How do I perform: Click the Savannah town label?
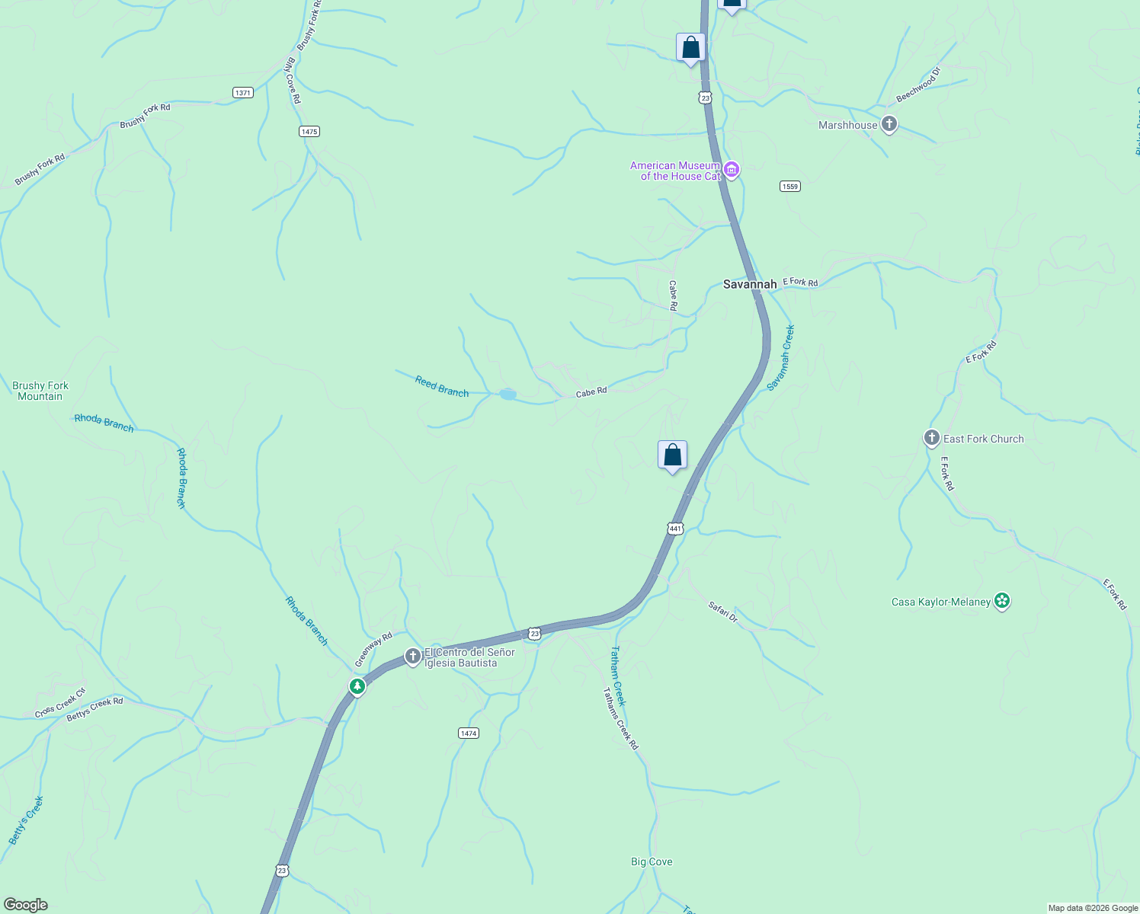[750, 284]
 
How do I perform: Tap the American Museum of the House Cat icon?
[732, 170]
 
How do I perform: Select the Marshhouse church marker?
[889, 124]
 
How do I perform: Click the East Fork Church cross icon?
[931, 438]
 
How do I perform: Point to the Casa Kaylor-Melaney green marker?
[1002, 602]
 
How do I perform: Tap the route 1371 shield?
[242, 93]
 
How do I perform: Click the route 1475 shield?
[309, 132]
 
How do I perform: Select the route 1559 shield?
[790, 187]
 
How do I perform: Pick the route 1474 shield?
[468, 733]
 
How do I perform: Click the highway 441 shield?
[676, 528]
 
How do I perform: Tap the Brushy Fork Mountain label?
[40, 391]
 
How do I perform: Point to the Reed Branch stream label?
[442, 386]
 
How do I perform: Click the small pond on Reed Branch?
[508, 394]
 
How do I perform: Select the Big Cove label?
[652, 861]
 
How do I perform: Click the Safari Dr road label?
[723, 612]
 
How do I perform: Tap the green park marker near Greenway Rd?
[357, 686]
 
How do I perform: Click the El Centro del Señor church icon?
[412, 656]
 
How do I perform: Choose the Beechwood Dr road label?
[918, 85]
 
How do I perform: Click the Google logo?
[26, 904]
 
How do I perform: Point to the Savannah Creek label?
[781, 358]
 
